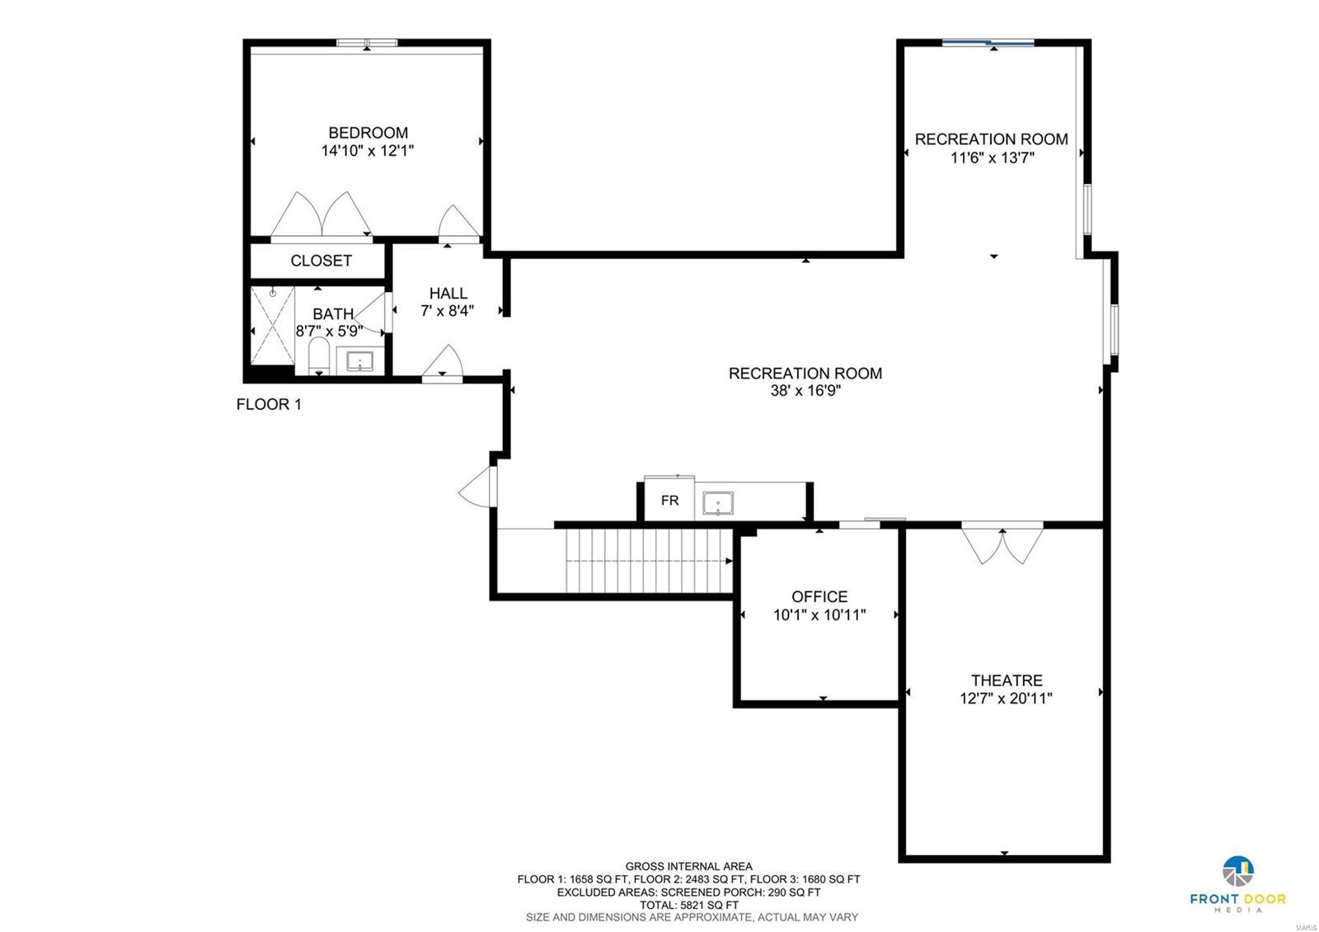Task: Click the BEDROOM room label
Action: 368,133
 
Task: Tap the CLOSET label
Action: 321,261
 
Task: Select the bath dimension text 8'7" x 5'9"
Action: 329,332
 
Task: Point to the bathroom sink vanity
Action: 359,361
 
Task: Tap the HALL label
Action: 448,294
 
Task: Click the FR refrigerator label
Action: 669,501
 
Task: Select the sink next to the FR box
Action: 718,502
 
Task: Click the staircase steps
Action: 647,561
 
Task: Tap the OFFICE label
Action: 819,596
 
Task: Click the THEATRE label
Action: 1007,680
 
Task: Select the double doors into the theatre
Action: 1002,544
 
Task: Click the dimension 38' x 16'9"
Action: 805,391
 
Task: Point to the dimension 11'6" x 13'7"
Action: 992,158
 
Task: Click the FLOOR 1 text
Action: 269,404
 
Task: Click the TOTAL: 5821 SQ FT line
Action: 688,905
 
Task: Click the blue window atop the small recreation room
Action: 988,43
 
